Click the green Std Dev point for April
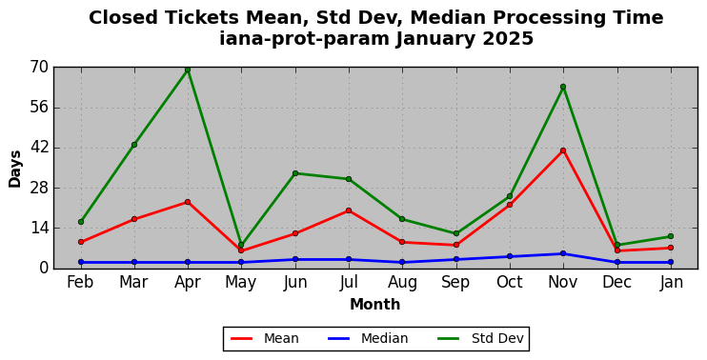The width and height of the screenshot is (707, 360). click(x=188, y=70)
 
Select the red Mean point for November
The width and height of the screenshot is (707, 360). click(x=563, y=150)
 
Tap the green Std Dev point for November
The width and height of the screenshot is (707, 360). click(x=563, y=87)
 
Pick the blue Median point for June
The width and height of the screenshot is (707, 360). click(x=295, y=259)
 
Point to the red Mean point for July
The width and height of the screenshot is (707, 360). click(x=349, y=210)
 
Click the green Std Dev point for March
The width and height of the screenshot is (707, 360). click(x=134, y=145)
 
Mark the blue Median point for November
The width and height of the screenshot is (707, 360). click(x=563, y=253)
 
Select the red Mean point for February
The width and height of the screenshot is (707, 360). click(x=81, y=242)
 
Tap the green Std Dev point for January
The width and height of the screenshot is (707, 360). click(x=671, y=236)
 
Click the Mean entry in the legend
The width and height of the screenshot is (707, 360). click(x=265, y=338)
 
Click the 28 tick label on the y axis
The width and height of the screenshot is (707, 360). click(x=40, y=189)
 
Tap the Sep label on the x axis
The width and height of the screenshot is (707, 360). click(x=455, y=282)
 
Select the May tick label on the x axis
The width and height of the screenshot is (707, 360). click(x=241, y=283)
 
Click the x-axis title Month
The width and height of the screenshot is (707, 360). click(x=375, y=304)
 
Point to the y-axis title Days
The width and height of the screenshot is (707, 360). click(x=15, y=169)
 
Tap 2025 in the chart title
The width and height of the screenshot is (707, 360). click(x=508, y=39)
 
